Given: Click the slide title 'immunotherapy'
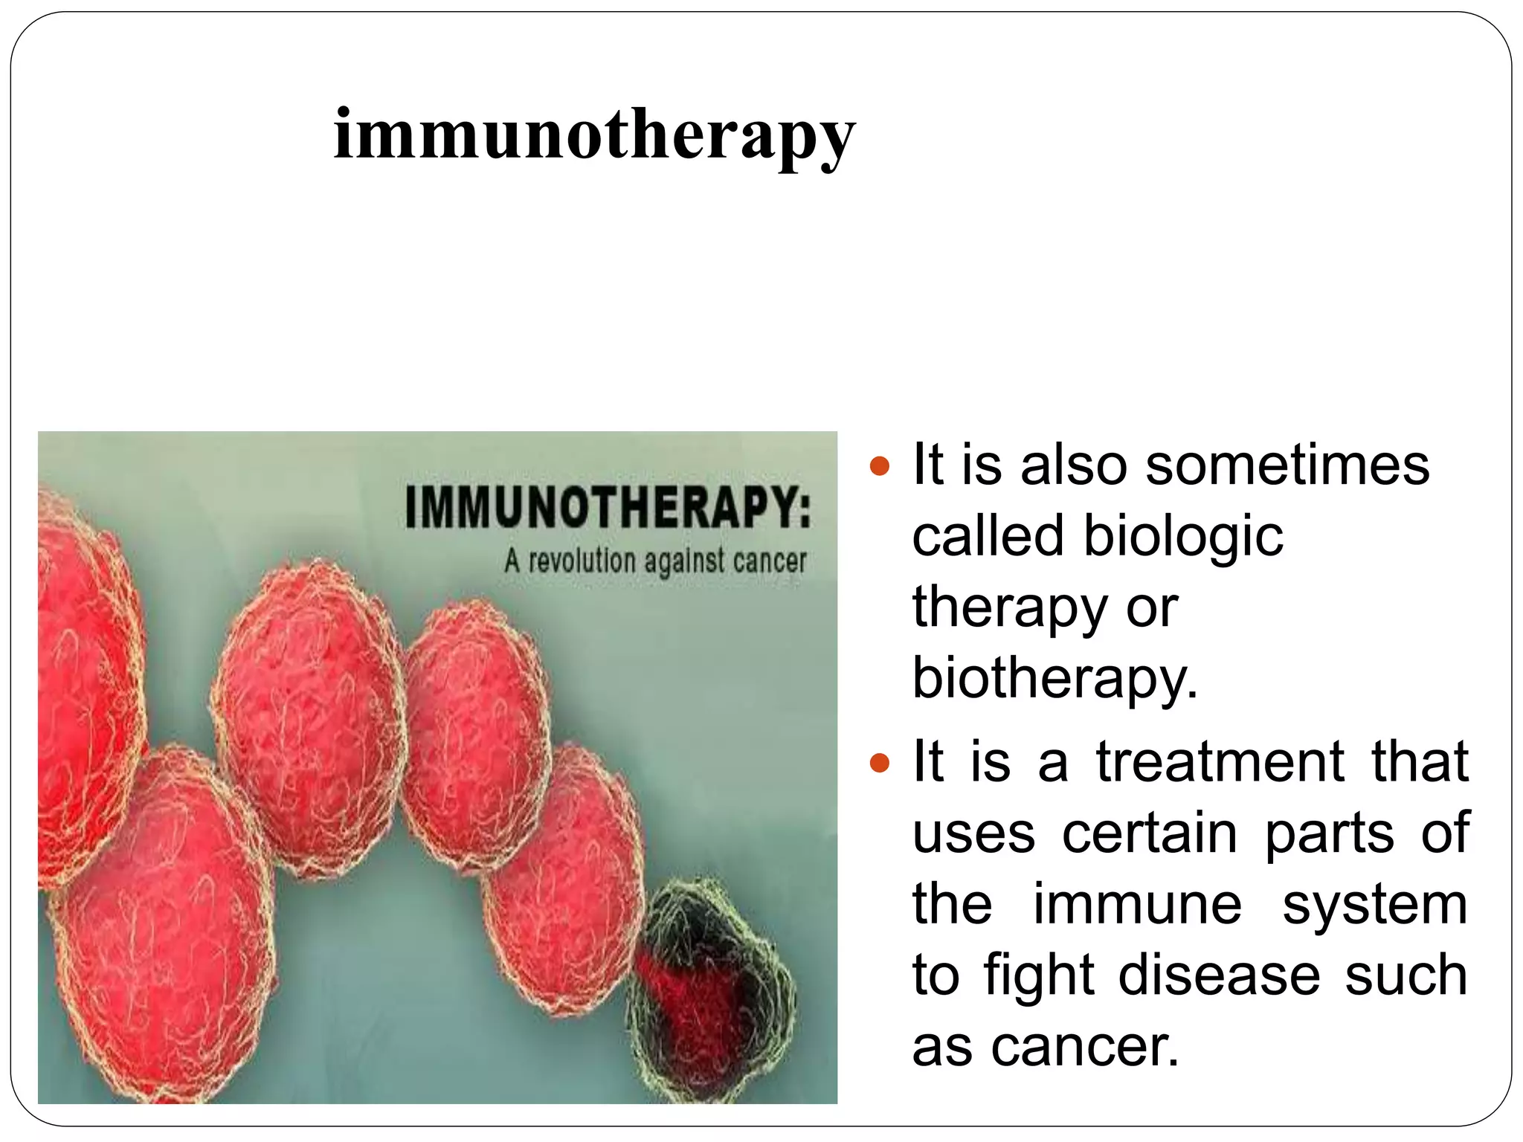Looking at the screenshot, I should pos(594,136).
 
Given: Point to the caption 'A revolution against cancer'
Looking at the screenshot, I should pos(655,561).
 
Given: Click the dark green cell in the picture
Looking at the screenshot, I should pos(711,989).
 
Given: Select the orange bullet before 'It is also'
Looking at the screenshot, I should pos(880,466).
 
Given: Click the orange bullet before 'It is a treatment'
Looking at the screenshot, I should pos(880,763).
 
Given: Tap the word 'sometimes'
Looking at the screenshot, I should pos(1287,465).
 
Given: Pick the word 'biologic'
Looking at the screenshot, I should pos(1183,536).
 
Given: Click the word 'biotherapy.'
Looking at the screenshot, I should pos(1055,679).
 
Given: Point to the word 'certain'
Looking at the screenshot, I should pos(1150,833).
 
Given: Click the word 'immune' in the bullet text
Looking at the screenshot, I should pos(1138,905).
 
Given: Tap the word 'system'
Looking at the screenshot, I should pos(1375,905).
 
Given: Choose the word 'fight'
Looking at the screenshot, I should pos(1040,975).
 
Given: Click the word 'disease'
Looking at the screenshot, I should pos(1220,975).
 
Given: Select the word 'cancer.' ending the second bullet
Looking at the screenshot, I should pos(1085,1047).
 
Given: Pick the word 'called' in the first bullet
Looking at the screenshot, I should pos(988,536).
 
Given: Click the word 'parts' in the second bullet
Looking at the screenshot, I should pos(1330,833).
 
